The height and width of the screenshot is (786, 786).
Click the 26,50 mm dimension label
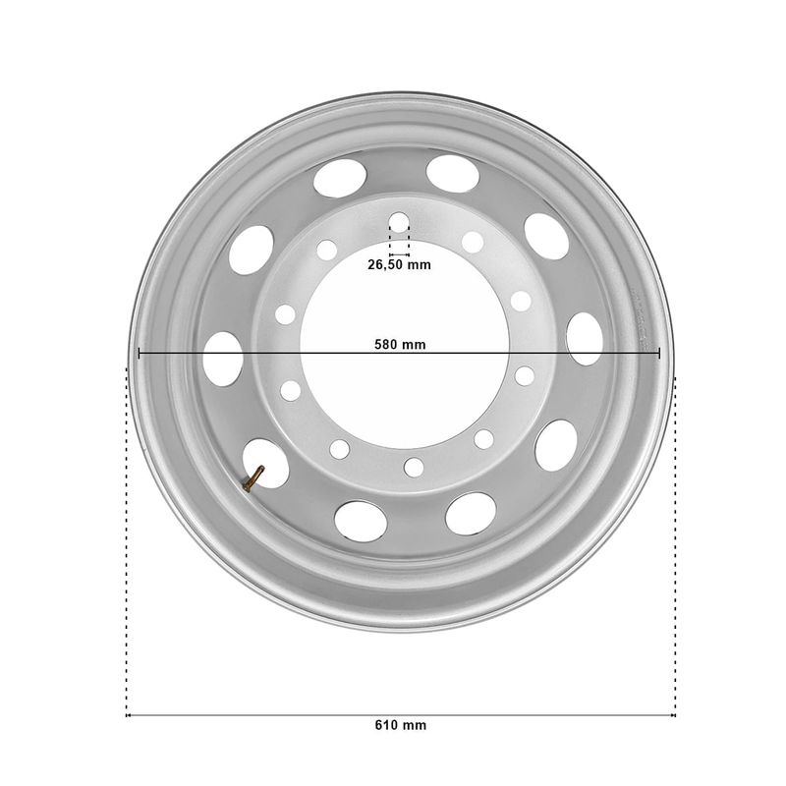(399, 264)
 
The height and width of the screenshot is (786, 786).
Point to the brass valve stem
(253, 478)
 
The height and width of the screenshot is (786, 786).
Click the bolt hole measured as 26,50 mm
(399, 223)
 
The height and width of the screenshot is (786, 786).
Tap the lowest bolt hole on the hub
(414, 468)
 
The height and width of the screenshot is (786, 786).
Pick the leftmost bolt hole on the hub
(285, 314)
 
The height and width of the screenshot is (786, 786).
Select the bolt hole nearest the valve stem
(339, 449)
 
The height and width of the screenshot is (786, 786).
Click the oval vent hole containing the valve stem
(265, 464)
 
